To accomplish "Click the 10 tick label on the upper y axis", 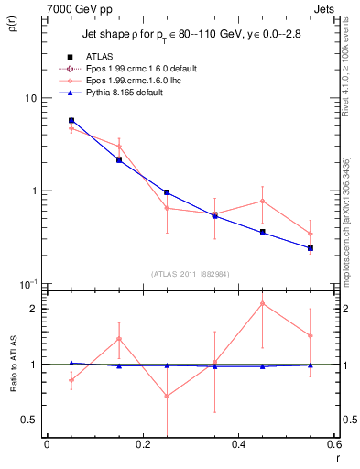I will [29, 98].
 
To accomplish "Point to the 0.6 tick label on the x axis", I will [333, 444].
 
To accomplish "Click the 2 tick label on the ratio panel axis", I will [34, 309].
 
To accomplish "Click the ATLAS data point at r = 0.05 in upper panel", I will [71, 120].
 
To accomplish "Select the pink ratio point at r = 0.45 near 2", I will [263, 303].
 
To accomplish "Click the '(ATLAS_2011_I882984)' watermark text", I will [191, 273].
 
